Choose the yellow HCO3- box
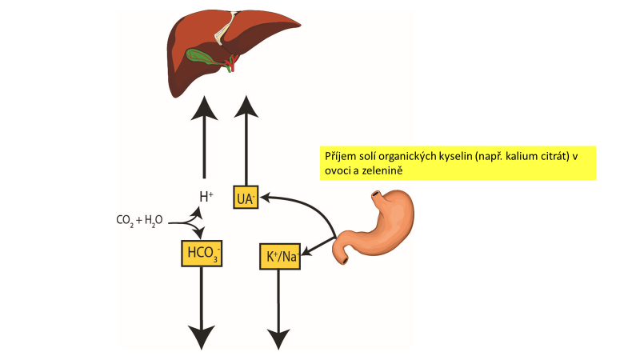pyautogui.click(x=201, y=254)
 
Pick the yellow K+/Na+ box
pyautogui.click(x=279, y=255)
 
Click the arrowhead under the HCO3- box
pyautogui.click(x=201, y=337)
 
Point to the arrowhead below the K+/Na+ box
pyautogui.click(x=278, y=338)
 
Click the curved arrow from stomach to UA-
pyautogui.click(x=308, y=204)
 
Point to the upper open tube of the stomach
pyautogui.click(x=377, y=197)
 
